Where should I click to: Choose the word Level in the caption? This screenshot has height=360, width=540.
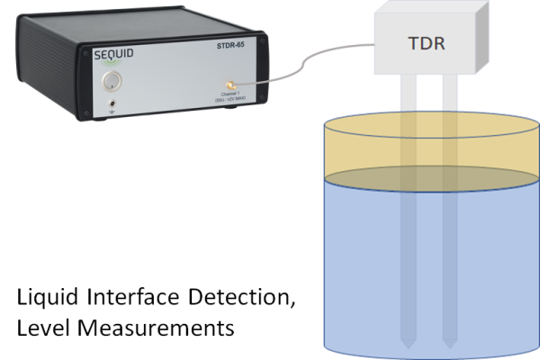(40, 328)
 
